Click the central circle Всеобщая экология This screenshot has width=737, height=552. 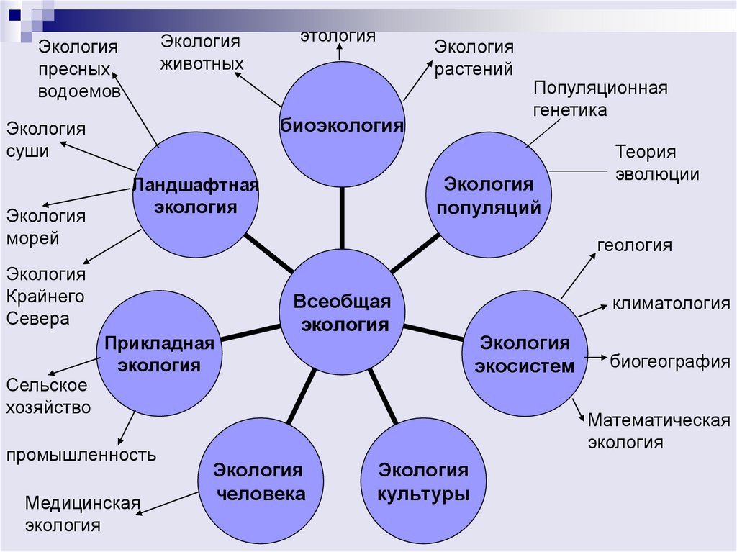click(343, 313)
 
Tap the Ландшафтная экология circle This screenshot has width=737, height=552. click(196, 195)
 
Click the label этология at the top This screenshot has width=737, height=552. click(338, 35)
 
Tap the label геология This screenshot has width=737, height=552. click(634, 245)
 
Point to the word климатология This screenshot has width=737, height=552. click(671, 304)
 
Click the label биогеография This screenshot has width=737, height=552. click(670, 361)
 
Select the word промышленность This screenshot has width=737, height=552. click(81, 454)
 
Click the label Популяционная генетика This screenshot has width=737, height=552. click(600, 99)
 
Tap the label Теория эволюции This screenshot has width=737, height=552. click(656, 163)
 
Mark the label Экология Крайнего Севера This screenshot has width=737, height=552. click(47, 296)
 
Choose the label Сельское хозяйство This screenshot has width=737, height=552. click(48, 396)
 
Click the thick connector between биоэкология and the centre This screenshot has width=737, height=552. click(342, 212)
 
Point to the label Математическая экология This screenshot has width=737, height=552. click(659, 430)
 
